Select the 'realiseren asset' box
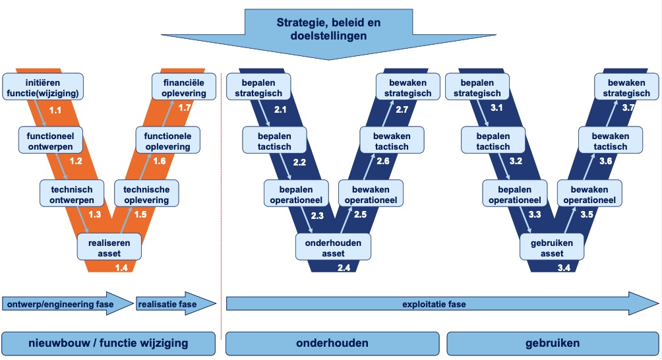(109, 248)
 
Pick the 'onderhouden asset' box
(333, 248)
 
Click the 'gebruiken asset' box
(552, 248)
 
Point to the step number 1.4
(121, 267)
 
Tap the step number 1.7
(185, 107)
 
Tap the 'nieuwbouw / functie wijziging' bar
(109, 343)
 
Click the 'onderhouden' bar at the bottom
(332, 343)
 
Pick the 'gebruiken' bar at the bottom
(552, 343)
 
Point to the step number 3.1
(496, 107)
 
